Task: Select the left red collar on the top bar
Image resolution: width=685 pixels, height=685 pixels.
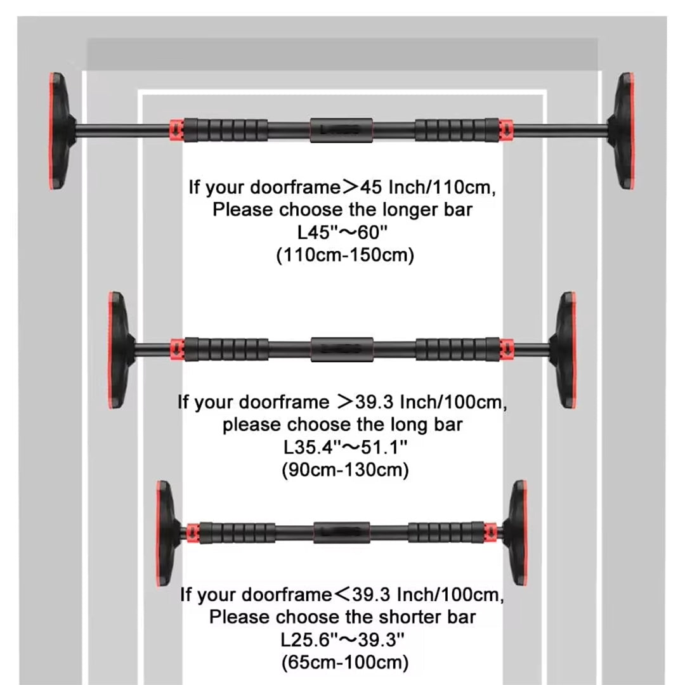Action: point(176,129)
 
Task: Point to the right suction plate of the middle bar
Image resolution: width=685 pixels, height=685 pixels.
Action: point(564,349)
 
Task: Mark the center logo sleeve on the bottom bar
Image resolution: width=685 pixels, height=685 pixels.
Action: point(341,532)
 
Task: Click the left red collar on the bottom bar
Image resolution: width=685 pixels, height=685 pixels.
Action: point(193,533)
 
